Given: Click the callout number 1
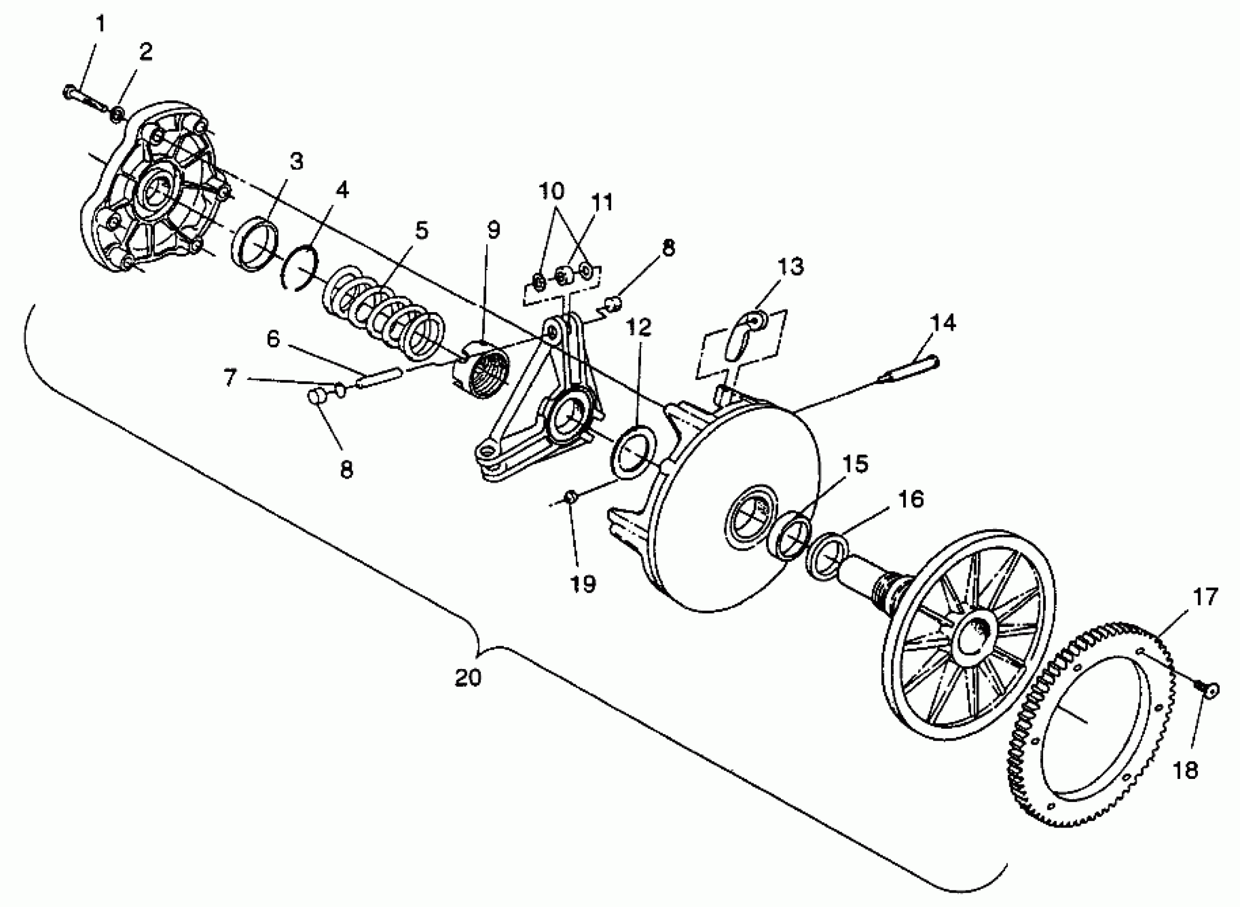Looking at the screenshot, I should tap(100, 24).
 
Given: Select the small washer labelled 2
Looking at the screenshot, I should tap(117, 115).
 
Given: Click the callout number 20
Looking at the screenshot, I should tap(468, 678).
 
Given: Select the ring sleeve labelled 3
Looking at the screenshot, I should tap(255, 245).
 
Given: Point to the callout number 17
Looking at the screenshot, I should tap(1205, 597).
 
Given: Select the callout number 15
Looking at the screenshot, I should tap(855, 464).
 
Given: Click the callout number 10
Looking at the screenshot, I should tap(551, 191).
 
